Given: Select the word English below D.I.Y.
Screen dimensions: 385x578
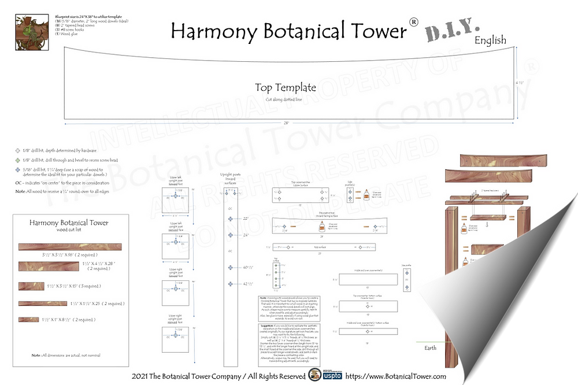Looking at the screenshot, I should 490,40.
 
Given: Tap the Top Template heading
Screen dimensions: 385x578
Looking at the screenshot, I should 286,87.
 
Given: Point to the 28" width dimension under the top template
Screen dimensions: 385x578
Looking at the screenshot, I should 286,123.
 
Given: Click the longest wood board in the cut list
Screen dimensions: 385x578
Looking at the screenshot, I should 71,247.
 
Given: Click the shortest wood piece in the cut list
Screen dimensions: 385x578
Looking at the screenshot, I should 28,319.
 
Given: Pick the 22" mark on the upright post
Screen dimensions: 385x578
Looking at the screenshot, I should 245,219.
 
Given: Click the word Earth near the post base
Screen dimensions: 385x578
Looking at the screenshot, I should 431,348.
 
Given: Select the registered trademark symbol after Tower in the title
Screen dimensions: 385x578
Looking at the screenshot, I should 413,22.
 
